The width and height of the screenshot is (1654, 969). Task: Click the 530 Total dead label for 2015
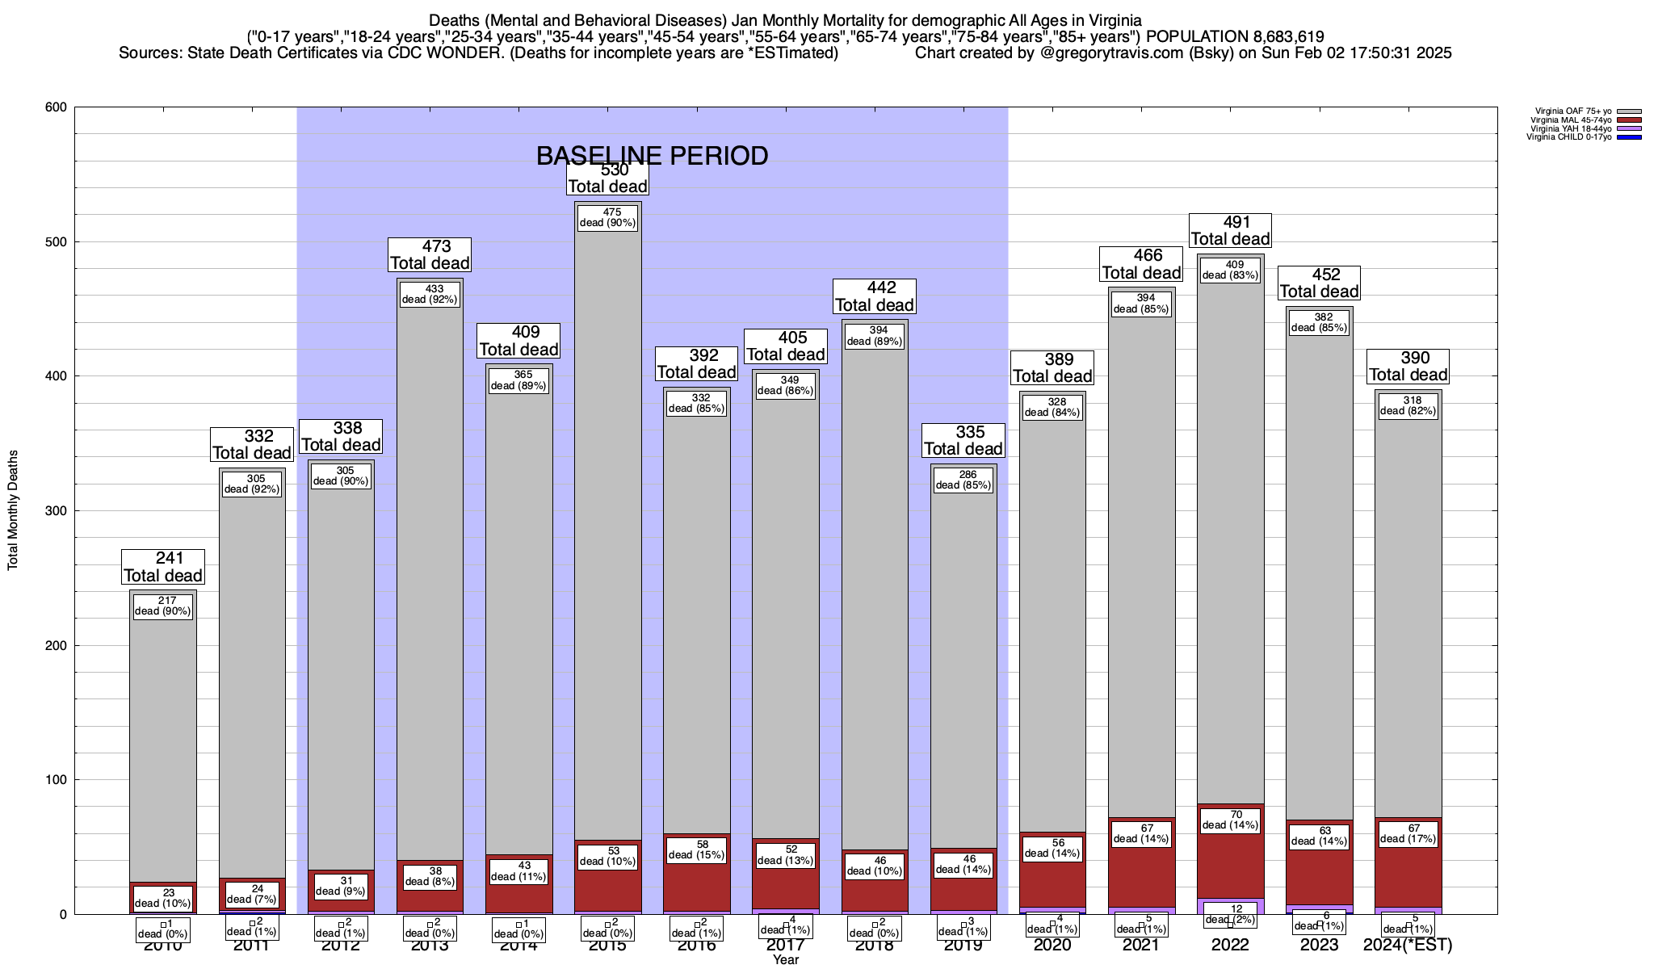pos(607,178)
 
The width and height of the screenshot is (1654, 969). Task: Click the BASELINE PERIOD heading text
pos(652,156)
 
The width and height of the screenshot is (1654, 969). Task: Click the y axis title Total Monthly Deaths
pos(13,510)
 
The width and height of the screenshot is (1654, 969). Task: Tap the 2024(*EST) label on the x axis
pos(1408,945)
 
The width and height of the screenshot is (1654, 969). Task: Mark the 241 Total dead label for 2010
pos(163,567)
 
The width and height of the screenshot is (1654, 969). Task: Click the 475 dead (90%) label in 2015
pos(607,218)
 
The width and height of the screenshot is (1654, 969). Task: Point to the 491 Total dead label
pos(1231,231)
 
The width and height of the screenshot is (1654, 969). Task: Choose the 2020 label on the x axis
pos(1052,945)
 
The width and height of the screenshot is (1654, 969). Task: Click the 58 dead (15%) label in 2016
pos(696,849)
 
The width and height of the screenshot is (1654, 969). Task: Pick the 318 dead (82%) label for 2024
pos(1408,405)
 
